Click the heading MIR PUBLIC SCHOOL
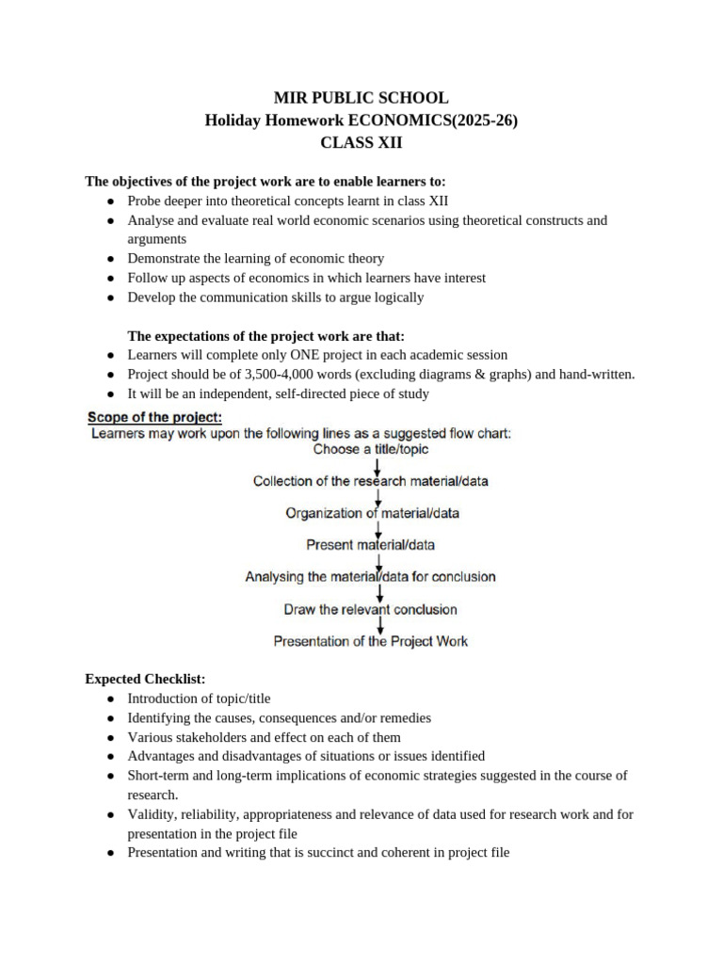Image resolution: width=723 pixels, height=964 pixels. coord(361,98)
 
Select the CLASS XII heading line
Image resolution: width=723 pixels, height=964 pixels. coord(361,143)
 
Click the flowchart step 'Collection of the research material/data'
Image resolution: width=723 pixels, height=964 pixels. coord(370,481)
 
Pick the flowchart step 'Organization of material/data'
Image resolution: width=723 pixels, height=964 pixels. coord(373,513)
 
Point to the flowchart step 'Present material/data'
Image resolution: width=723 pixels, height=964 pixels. coord(371,545)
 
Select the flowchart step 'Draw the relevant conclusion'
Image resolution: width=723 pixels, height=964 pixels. coord(370,609)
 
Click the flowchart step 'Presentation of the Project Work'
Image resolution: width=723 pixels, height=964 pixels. coord(370,641)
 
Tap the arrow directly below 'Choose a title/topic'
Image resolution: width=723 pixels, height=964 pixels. coord(378,465)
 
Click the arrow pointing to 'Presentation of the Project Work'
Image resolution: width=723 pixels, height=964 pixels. coord(378,625)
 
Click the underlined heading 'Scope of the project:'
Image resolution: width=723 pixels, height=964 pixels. coord(154,416)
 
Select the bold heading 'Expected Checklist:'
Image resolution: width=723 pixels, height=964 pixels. coord(145,679)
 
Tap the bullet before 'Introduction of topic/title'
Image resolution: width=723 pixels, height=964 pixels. coord(111,699)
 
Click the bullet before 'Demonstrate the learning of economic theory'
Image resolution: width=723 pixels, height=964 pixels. coord(111,259)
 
